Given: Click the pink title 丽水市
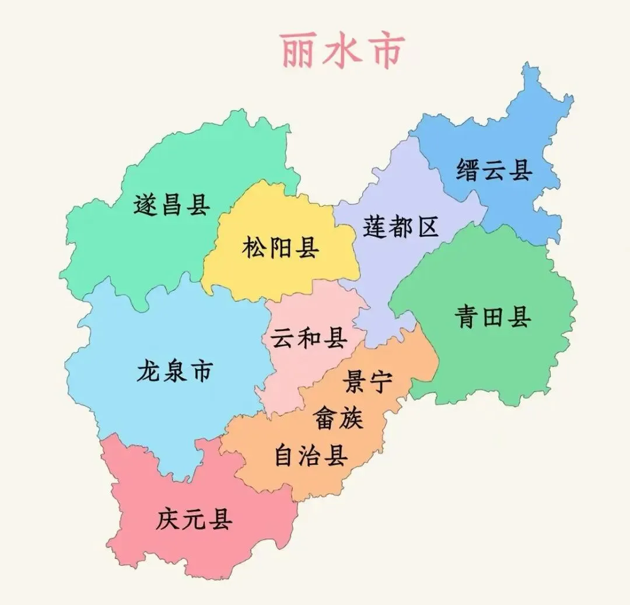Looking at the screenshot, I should (x=342, y=50).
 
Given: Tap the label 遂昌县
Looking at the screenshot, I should (x=171, y=205).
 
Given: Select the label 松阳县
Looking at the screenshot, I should (x=281, y=248).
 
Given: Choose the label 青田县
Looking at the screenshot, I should (x=493, y=318).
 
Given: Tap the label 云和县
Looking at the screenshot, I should (x=309, y=338).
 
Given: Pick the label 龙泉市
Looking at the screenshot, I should (x=174, y=371).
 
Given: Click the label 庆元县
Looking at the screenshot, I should (x=194, y=519).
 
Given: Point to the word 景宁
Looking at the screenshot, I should (x=368, y=382).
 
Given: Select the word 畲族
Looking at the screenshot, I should (x=338, y=418).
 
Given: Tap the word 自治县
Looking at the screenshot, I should (x=311, y=455).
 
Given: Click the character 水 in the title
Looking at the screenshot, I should (x=342, y=50).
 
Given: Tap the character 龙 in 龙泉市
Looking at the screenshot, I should (x=149, y=371).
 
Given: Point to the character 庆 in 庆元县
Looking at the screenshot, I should (x=168, y=519).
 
